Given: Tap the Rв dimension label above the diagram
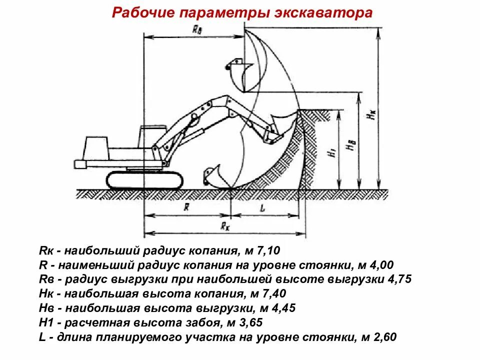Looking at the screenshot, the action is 197,29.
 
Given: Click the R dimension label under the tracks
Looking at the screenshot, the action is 186,207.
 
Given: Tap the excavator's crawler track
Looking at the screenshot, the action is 144,179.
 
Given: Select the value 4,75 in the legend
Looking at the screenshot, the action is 399,279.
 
